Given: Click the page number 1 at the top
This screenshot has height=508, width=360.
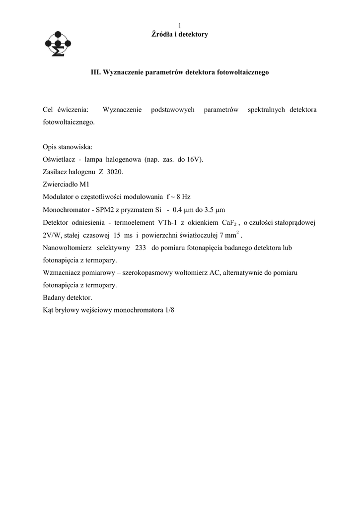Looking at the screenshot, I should (x=180, y=26).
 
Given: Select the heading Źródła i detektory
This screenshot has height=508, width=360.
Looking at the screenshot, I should (x=179, y=34).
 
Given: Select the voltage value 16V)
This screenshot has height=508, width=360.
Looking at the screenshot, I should (x=195, y=160).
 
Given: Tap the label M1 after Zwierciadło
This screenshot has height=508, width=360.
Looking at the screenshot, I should (x=86, y=184).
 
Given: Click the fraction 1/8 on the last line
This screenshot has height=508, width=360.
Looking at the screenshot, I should (x=170, y=310).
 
